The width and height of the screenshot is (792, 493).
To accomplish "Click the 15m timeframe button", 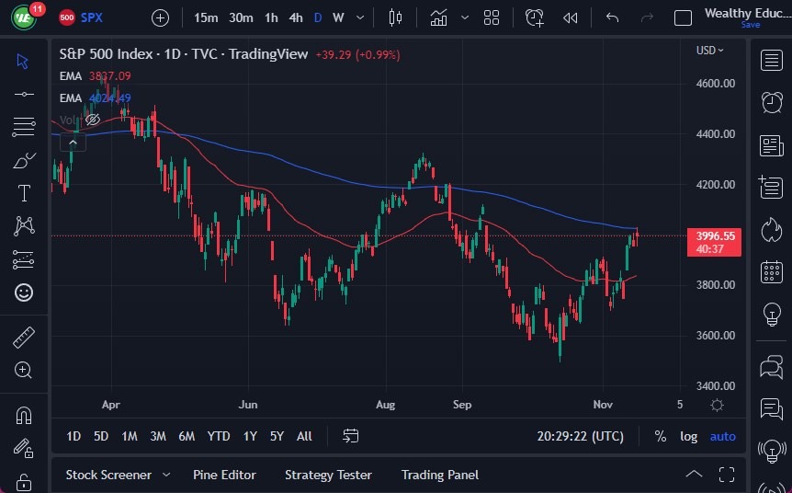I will point(207,17).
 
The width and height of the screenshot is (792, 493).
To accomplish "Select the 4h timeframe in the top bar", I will point(296,17).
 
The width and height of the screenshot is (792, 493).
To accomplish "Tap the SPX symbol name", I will point(92,17).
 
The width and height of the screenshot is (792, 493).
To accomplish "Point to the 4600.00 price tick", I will point(716,84).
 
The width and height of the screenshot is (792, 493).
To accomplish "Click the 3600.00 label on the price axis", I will point(716,336).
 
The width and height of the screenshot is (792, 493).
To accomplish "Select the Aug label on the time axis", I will point(386,405).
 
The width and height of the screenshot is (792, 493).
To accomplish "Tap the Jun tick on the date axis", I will point(247,405).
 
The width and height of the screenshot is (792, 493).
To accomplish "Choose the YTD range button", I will point(219,436).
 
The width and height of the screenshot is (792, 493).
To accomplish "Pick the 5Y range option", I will point(276,436).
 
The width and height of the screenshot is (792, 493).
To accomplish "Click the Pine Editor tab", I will point(224,475).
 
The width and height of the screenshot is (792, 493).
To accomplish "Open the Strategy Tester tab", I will point(328,475).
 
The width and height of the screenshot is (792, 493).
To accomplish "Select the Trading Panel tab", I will point(440,475).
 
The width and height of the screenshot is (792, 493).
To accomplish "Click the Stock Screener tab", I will point(108,475).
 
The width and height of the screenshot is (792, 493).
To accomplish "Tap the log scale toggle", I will point(688,436).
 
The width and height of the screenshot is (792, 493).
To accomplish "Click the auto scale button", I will point(723,436).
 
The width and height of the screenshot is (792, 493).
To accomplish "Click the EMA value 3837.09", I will point(109,76).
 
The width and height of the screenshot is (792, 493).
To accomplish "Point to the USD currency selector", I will point(708,51).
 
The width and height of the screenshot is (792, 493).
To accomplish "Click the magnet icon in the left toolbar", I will point(24,416).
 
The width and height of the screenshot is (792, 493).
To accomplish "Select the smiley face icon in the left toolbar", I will point(24,292).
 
